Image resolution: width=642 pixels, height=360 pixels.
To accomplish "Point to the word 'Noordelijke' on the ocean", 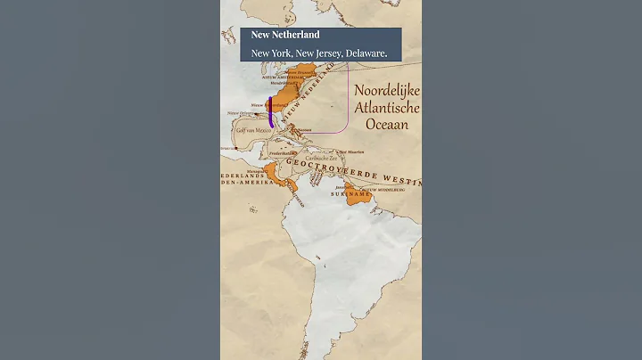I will (x=386, y=92).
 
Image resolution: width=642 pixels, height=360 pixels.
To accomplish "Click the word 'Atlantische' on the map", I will (x=386, y=109).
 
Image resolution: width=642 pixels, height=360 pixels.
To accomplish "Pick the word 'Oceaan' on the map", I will (x=386, y=125).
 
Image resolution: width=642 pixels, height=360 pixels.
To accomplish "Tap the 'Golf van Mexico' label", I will (x=253, y=130).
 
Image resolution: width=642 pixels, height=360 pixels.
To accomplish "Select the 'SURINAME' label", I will (x=349, y=193).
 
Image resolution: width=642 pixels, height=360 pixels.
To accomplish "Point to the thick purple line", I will (x=270, y=106).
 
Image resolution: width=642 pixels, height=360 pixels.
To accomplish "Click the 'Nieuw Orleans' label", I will (x=239, y=113).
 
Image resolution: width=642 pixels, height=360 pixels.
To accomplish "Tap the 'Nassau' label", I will (x=303, y=130).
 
